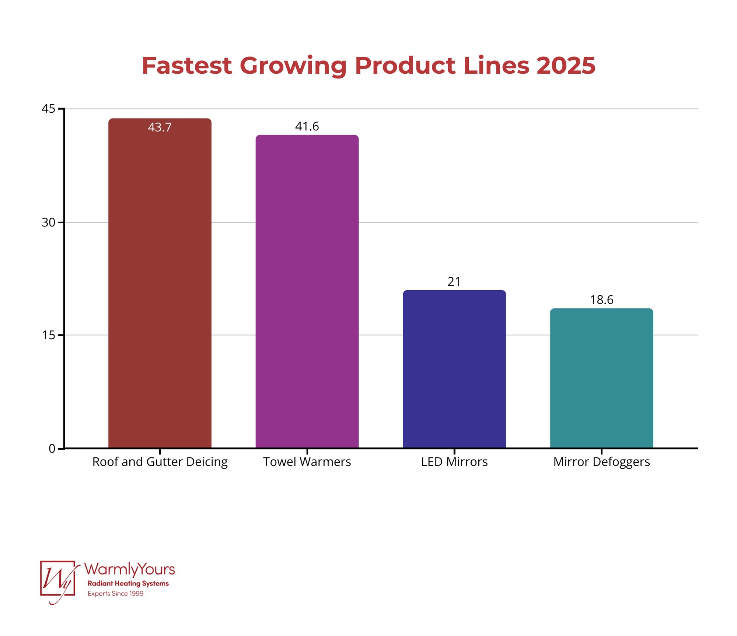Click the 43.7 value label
(160, 127)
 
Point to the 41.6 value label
(307, 127)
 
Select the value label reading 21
(454, 282)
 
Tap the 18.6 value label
(601, 300)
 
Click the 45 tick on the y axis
(48, 109)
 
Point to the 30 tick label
(48, 222)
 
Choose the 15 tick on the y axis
(48, 335)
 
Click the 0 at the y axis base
(52, 449)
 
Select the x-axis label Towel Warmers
(307, 462)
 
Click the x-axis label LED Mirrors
(454, 462)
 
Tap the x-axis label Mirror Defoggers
(601, 462)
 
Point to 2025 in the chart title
(566, 66)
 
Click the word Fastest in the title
(187, 66)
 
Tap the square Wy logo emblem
(58, 579)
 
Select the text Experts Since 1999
(115, 594)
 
